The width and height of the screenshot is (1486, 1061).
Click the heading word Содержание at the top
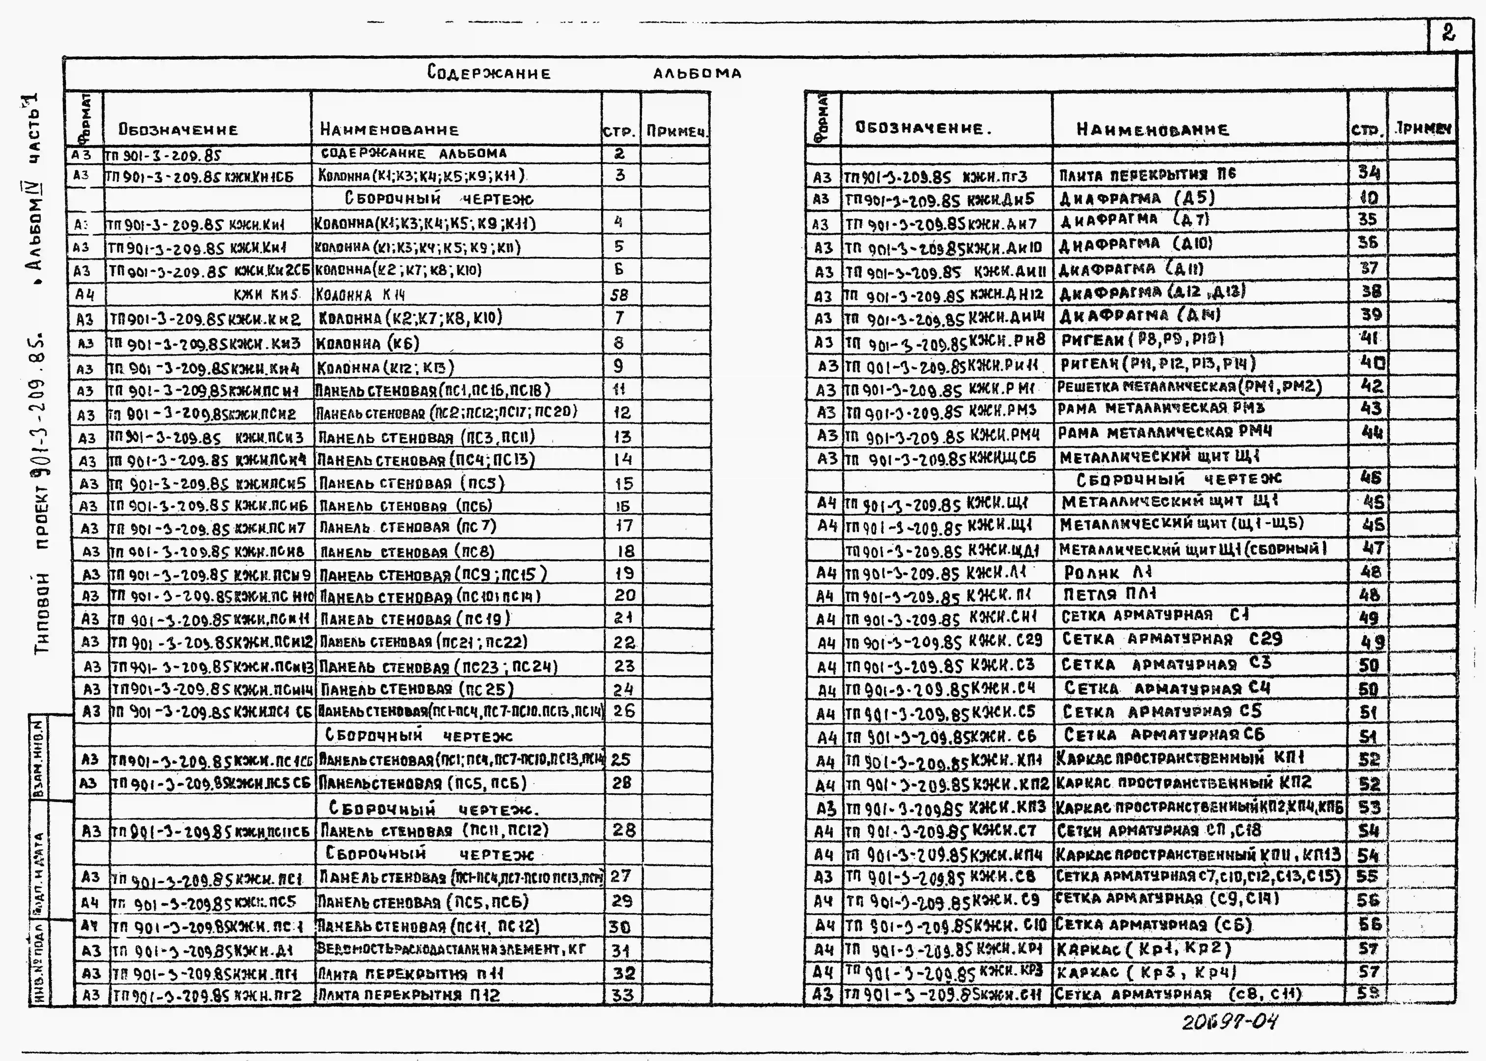click(x=489, y=73)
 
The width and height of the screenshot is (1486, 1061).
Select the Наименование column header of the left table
click(x=389, y=130)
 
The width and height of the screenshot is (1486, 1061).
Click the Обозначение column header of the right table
click(x=923, y=129)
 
